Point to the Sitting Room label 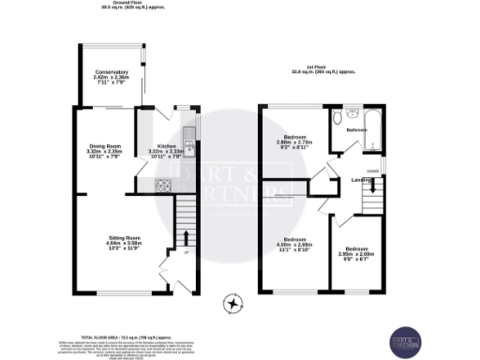click(x=124, y=245)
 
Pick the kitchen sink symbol click(x=188, y=147)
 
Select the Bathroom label click(x=356, y=130)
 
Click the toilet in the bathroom click(x=340, y=117)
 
